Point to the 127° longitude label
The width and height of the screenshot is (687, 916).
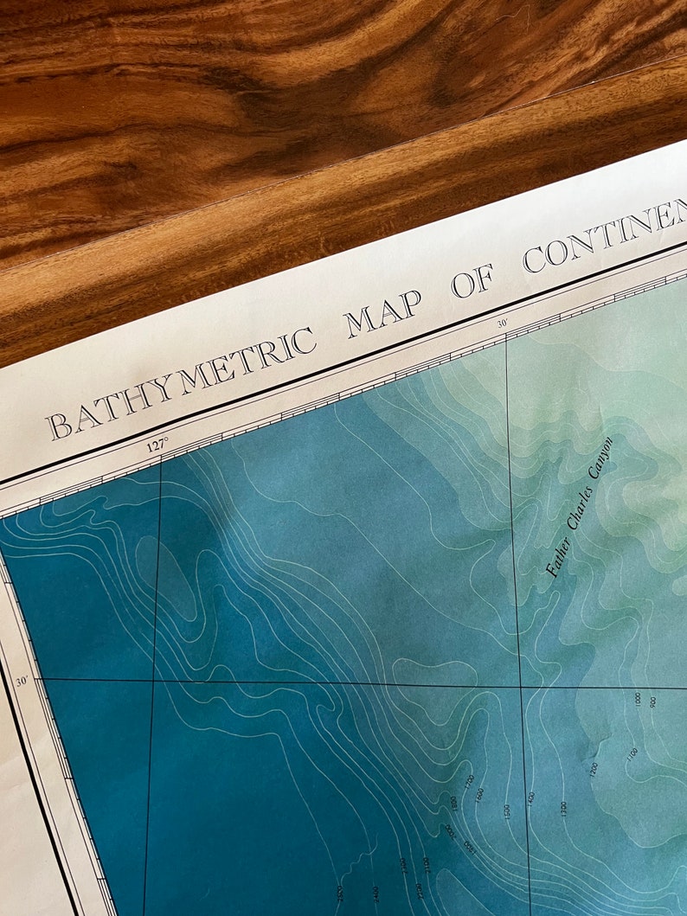(x=156, y=446)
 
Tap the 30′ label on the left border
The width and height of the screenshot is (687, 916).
(x=22, y=682)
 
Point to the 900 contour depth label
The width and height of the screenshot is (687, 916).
(x=652, y=702)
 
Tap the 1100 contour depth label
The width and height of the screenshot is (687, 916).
(x=632, y=755)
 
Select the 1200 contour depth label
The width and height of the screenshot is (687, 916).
(x=594, y=769)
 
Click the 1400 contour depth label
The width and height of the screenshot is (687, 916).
(x=530, y=799)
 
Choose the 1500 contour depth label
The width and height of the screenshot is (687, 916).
(x=507, y=811)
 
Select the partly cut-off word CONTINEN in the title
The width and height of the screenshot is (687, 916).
(x=606, y=233)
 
